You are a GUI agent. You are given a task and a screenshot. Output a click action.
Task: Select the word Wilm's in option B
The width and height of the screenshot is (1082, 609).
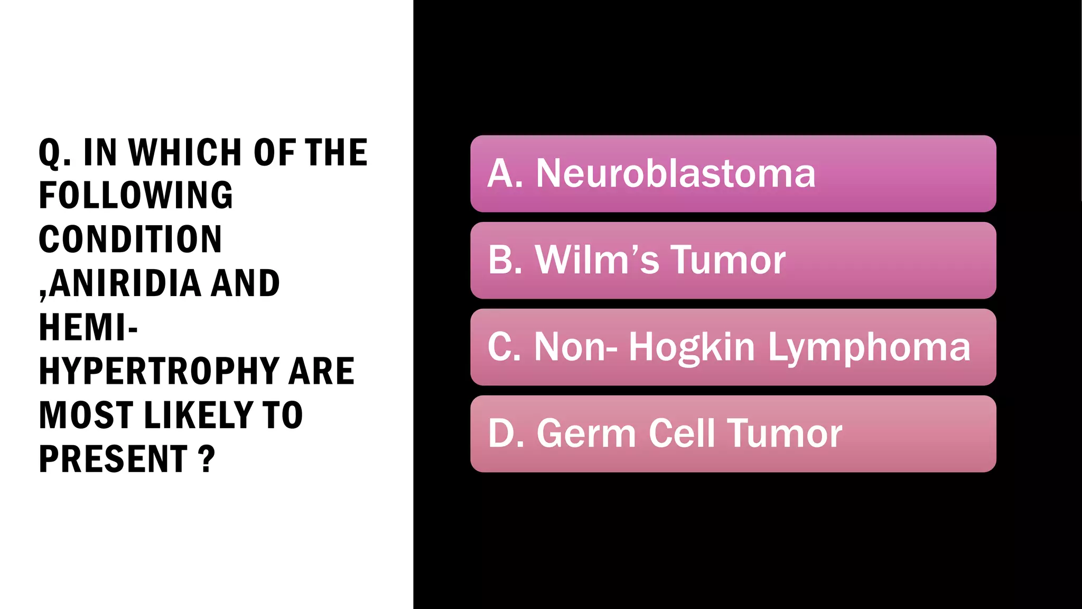[x=597, y=260]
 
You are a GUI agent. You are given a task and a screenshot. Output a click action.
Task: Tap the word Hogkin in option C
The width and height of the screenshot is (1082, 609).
[x=692, y=347]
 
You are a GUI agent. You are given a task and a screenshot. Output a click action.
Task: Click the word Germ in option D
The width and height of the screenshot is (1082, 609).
[x=586, y=433]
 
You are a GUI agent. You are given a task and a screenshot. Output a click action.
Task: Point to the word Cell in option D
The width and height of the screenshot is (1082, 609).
[x=682, y=433]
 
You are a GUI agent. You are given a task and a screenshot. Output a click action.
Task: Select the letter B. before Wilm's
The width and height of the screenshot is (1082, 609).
[x=505, y=260]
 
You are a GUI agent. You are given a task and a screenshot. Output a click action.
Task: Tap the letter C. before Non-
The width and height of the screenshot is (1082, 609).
[x=505, y=347]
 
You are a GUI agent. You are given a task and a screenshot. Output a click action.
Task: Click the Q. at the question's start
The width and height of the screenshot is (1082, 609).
[x=54, y=153]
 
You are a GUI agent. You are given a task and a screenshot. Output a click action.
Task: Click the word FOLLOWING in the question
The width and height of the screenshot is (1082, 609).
[x=136, y=196]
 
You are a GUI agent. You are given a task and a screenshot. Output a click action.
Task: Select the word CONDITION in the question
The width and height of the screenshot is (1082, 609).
[x=130, y=239]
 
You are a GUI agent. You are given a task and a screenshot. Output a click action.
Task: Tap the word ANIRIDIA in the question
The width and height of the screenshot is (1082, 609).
[x=125, y=283]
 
